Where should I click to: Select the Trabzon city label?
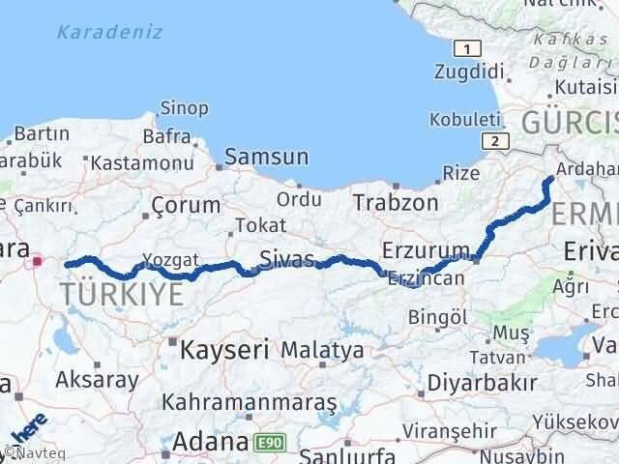coord(395,203)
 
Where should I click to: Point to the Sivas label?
coord(286,259)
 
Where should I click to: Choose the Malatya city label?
coord(323,350)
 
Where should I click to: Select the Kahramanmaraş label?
coord(250,401)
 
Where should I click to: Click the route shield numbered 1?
coord(467,49)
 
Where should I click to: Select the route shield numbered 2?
coord(495,140)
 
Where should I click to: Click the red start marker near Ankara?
coord(38,259)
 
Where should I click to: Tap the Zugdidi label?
coord(471,72)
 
